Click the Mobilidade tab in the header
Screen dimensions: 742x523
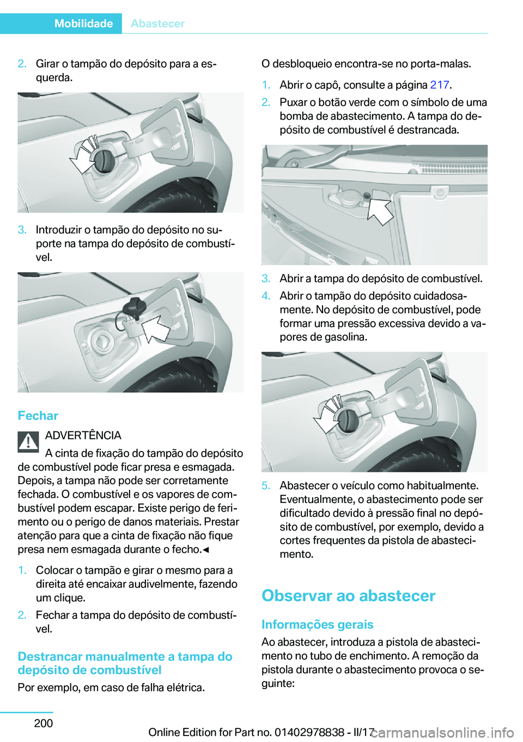tap(83, 23)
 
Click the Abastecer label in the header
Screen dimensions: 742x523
tap(157, 23)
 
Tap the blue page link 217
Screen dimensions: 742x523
tap(439, 85)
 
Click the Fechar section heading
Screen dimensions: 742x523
tap(38, 416)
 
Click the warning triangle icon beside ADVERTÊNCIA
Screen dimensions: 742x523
tap(28, 442)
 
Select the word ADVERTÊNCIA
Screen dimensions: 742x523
tap(83, 435)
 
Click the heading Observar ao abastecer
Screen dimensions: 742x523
tap(348, 595)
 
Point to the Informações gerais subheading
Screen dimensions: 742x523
tap(317, 624)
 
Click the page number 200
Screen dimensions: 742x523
tap(44, 723)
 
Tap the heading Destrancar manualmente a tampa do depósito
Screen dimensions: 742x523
tap(125, 663)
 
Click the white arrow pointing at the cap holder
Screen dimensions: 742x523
tap(156, 328)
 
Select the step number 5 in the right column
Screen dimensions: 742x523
tap(265, 486)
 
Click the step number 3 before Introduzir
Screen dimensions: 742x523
tap(22, 230)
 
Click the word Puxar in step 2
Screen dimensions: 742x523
tap(294, 102)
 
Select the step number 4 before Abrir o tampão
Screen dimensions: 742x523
tap(265, 296)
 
